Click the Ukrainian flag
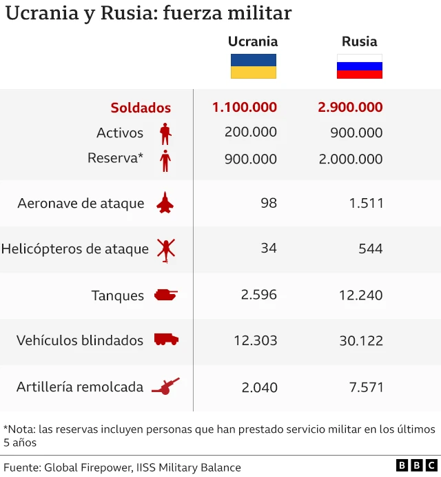click(x=253, y=66)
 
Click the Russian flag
click(x=359, y=66)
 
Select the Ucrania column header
click(x=253, y=41)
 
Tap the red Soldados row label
click(x=141, y=108)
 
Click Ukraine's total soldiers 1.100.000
click(x=245, y=107)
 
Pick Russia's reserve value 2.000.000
click(x=350, y=159)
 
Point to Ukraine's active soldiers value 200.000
click(x=251, y=132)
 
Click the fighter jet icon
click(x=165, y=203)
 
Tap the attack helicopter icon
click(x=166, y=250)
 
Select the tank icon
click(x=165, y=295)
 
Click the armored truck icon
click(x=166, y=340)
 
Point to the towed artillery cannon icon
click(x=165, y=387)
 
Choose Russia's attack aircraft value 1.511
click(x=366, y=203)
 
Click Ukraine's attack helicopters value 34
click(x=269, y=248)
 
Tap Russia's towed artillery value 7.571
click(x=366, y=387)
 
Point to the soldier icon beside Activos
click(x=165, y=133)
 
